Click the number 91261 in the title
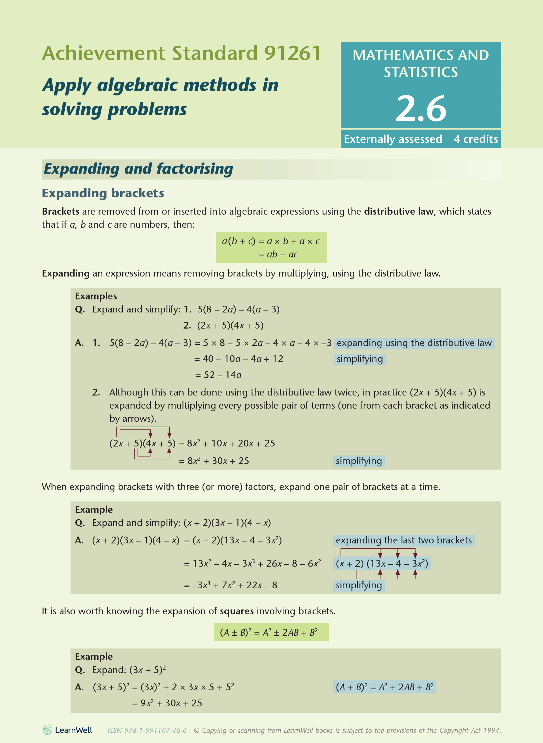pyautogui.click(x=292, y=53)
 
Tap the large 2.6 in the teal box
pyautogui.click(x=421, y=108)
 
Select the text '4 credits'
pyautogui.click(x=476, y=139)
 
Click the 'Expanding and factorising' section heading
pyautogui.click(x=138, y=169)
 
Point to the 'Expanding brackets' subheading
pyautogui.click(x=103, y=193)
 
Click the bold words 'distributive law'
pyautogui.click(x=399, y=212)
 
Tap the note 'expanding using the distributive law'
pyautogui.click(x=414, y=343)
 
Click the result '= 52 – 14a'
pyautogui.click(x=218, y=375)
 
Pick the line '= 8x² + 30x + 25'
pyautogui.click(x=214, y=461)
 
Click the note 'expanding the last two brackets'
pyautogui.click(x=404, y=540)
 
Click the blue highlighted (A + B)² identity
pyautogui.click(x=385, y=687)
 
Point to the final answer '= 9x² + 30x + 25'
pyautogui.click(x=167, y=703)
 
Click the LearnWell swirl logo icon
pyautogui.click(x=47, y=730)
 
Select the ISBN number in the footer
pyautogui.click(x=147, y=730)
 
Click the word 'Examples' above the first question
pyautogui.click(x=96, y=296)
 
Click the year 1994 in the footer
pyautogui.click(x=492, y=730)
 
